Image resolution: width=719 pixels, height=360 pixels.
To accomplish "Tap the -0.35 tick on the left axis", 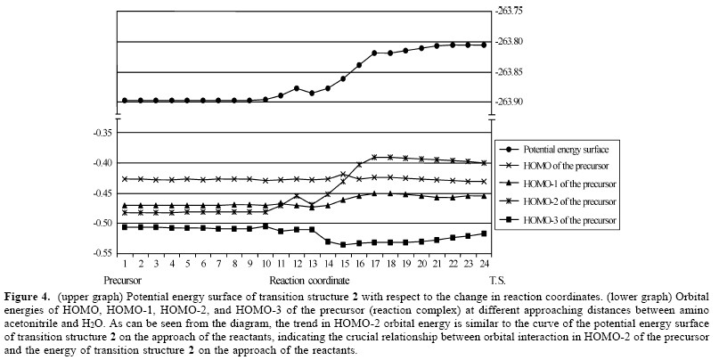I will [104, 133].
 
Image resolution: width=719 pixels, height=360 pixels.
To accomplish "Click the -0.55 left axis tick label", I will [104, 253].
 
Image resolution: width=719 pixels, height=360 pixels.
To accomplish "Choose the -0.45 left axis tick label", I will [104, 192].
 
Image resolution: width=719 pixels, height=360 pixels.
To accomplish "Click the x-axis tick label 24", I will [484, 263].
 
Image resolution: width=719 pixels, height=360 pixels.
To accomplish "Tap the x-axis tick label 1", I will [126, 263].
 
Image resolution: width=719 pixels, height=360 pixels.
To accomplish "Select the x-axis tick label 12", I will [297, 263].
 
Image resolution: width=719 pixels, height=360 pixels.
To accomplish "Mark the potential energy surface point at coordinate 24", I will [484, 44].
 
